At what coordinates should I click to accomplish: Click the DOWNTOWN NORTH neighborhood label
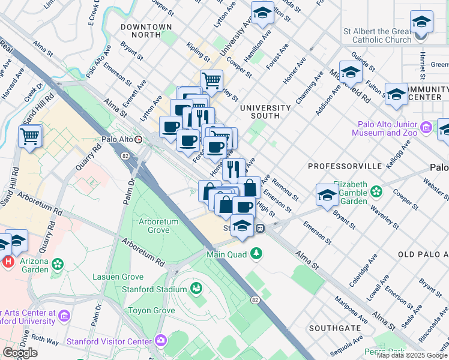pyautogui.click(x=146, y=31)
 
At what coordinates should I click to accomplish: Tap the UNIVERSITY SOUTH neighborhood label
pyautogui.click(x=265, y=112)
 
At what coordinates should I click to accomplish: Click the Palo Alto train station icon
pyautogui.click(x=139, y=139)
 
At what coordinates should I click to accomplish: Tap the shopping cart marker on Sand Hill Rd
pyautogui.click(x=29, y=136)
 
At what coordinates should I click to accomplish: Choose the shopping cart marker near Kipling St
pyautogui.click(x=211, y=80)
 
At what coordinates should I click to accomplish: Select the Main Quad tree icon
pyautogui.click(x=257, y=254)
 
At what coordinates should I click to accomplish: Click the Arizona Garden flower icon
pyautogui.click(x=58, y=264)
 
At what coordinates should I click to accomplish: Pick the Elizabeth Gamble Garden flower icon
pyautogui.click(x=376, y=192)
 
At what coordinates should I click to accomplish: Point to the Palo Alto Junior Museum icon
pyautogui.click(x=426, y=127)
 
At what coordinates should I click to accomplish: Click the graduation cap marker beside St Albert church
pyautogui.click(x=422, y=22)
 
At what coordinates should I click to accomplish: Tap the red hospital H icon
pyautogui.click(x=8, y=262)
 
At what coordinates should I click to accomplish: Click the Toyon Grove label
pyautogui.click(x=154, y=310)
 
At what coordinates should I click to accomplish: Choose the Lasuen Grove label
pyautogui.click(x=118, y=277)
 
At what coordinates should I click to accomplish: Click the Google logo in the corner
pyautogui.click(x=20, y=352)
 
